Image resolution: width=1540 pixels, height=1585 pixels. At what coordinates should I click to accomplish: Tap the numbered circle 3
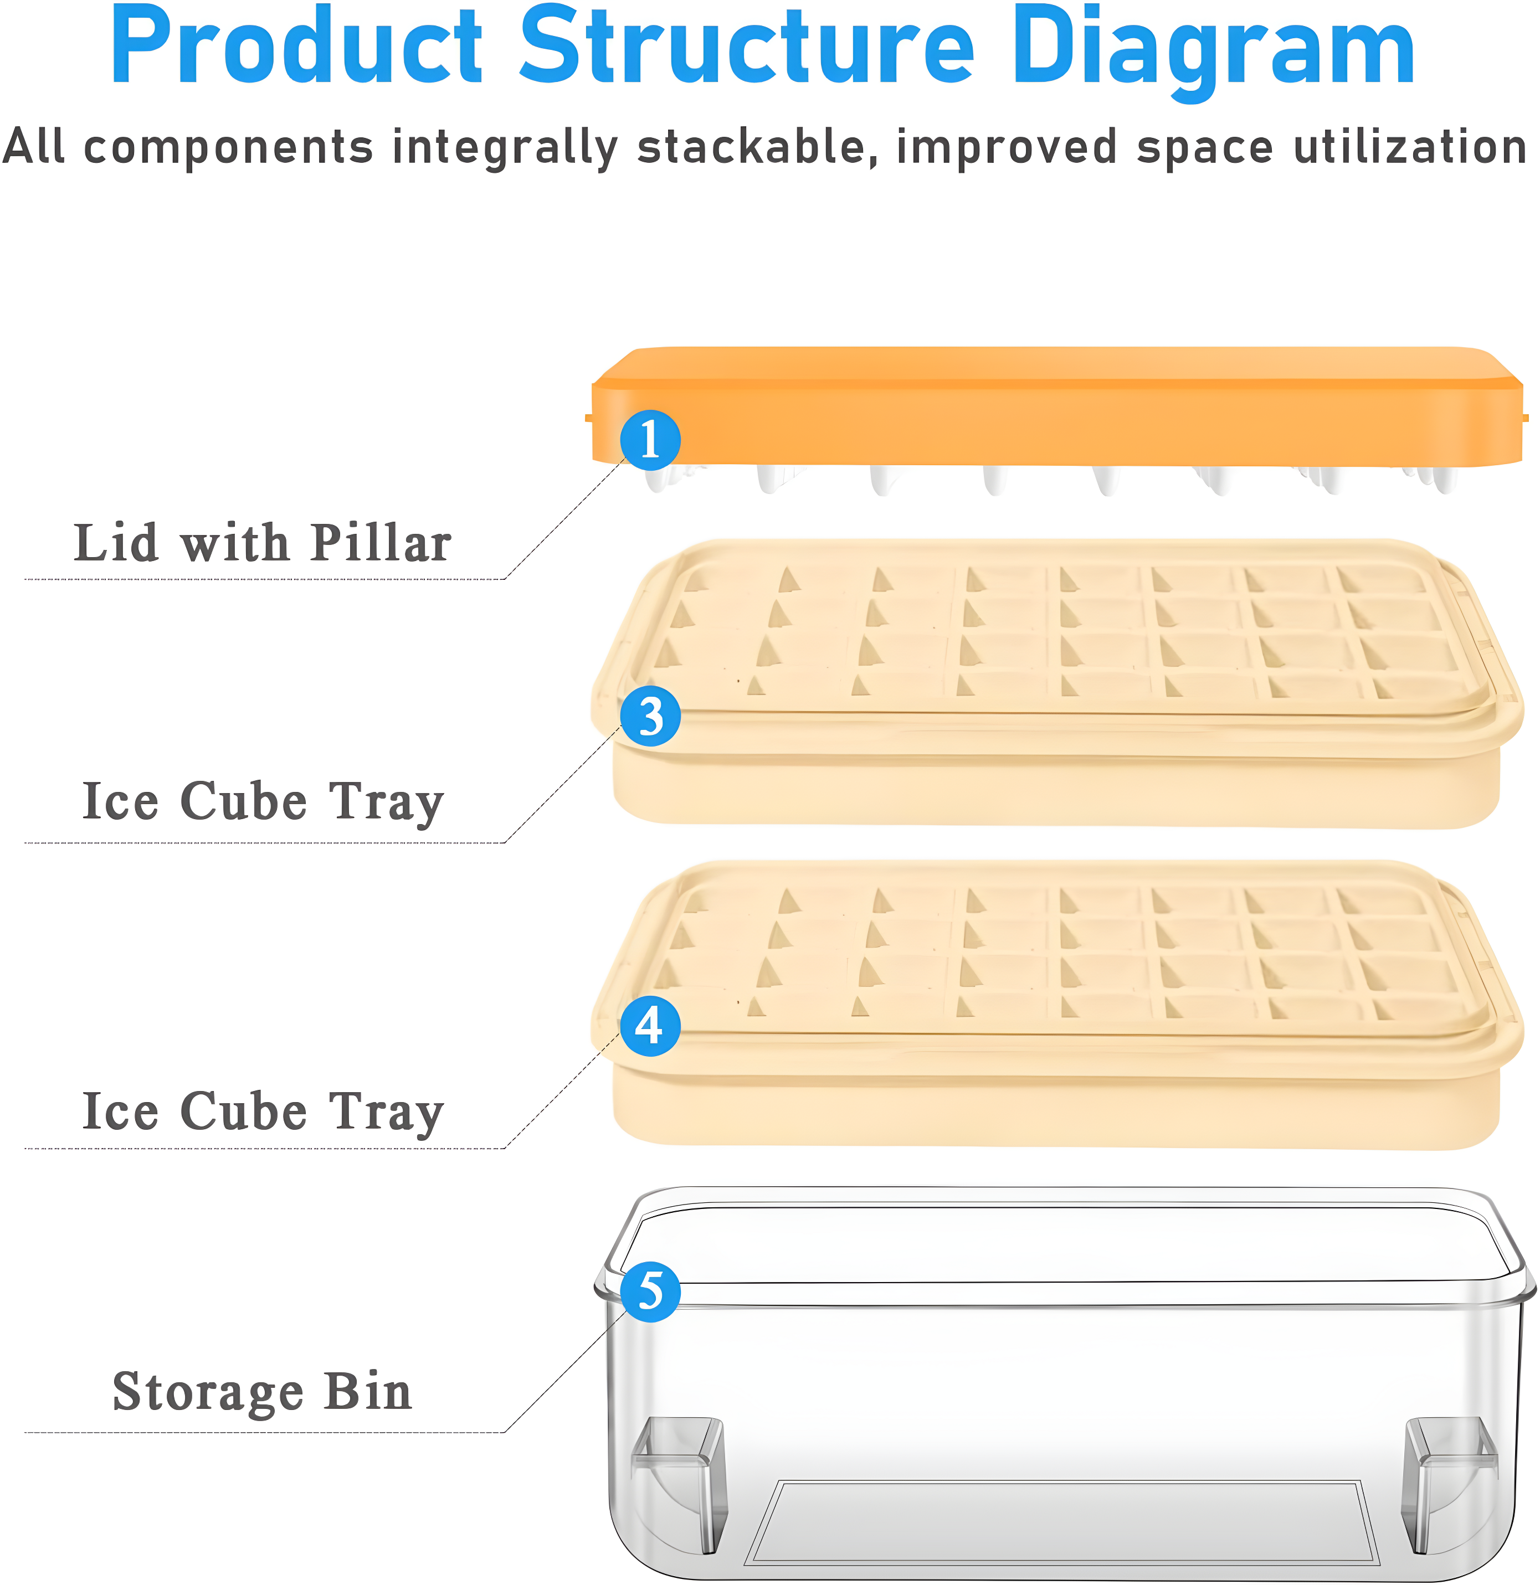650,717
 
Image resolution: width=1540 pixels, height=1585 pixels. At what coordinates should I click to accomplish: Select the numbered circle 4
650,1026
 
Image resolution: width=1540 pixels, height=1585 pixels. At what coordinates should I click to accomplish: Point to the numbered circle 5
650,1291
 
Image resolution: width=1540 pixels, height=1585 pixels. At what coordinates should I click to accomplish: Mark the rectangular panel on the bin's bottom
1062,1522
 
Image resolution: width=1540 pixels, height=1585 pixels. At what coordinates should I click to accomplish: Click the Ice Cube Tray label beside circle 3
263,801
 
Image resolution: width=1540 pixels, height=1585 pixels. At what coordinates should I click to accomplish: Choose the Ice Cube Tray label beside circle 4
263,1111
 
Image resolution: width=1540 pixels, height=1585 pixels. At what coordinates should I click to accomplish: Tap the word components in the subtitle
228,148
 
